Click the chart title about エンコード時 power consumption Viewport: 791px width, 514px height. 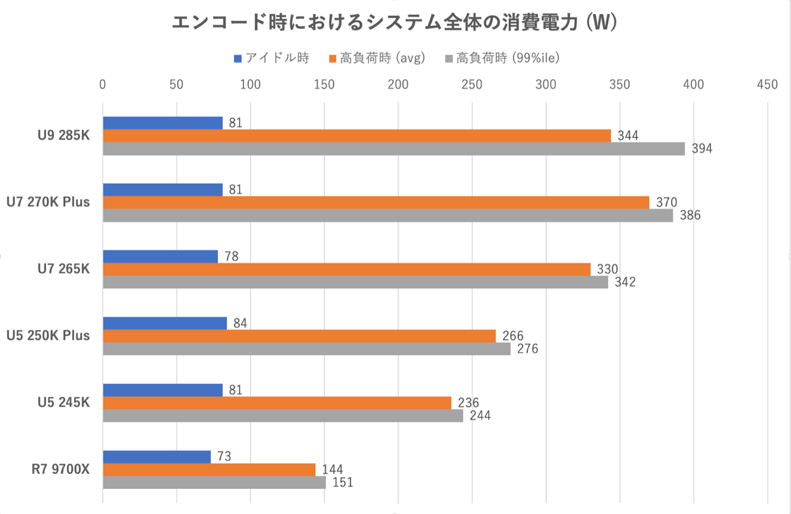pos(395,22)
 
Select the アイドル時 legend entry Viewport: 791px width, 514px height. pos(271,58)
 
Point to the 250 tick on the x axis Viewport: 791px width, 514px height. pos(471,85)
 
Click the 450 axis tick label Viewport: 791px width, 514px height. pos(767,85)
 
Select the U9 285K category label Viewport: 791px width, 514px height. pos(64,136)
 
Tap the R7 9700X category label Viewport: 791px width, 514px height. pos(61,469)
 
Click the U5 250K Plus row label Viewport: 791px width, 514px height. pos(48,336)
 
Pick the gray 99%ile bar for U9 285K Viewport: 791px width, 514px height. pos(393,149)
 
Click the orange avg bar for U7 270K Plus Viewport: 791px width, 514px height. pos(376,202)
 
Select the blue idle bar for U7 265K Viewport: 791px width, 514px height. pos(160,256)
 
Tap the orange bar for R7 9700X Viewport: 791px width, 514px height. pos(209,470)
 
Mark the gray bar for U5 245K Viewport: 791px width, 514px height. pos(283,416)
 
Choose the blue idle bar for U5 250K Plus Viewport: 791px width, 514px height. pos(165,323)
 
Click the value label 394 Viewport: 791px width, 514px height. pos(702,149)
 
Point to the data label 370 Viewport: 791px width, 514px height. pos(667,202)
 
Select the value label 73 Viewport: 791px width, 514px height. pos(224,456)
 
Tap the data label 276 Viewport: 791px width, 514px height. pos(528,349)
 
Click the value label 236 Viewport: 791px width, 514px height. pos(469,403)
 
